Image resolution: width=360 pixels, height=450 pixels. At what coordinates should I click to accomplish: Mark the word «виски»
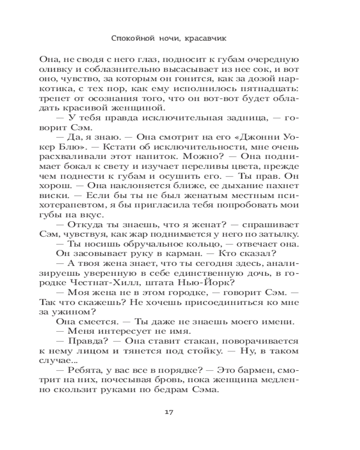(50, 195)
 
